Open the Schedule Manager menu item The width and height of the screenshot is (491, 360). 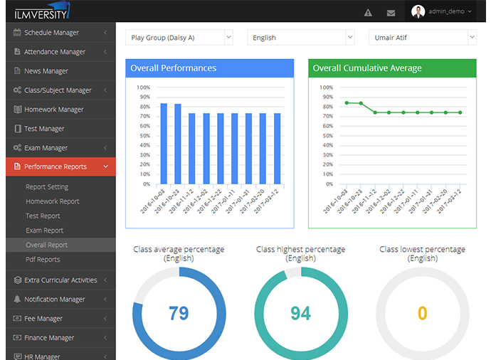tap(52, 33)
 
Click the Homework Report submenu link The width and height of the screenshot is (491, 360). tap(53, 201)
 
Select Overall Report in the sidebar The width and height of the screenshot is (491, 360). tap(47, 245)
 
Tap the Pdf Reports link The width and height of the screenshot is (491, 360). tap(43, 260)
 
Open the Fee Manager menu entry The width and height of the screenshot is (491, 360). tap(43, 319)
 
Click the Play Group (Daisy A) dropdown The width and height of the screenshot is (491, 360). tap(179, 38)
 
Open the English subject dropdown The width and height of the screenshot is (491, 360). tap(300, 38)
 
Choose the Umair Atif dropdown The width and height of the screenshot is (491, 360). tap(423, 38)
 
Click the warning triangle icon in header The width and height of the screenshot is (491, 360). tap(368, 13)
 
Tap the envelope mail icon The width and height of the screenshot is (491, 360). tap(391, 13)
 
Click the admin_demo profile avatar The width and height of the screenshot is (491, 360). tap(418, 11)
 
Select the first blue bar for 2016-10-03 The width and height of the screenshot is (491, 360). tap(164, 144)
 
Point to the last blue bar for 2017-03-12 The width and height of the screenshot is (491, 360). tap(277, 149)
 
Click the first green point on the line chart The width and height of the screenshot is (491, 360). tap(347, 102)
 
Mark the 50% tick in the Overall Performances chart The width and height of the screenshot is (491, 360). tap(144, 136)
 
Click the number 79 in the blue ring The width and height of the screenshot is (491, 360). tap(179, 313)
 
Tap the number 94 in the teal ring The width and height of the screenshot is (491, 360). tap(300, 313)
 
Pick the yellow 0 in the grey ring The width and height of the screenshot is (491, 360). tap(423, 313)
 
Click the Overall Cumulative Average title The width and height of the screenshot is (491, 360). tap(367, 68)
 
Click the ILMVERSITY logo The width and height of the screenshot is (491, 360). tap(42, 11)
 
